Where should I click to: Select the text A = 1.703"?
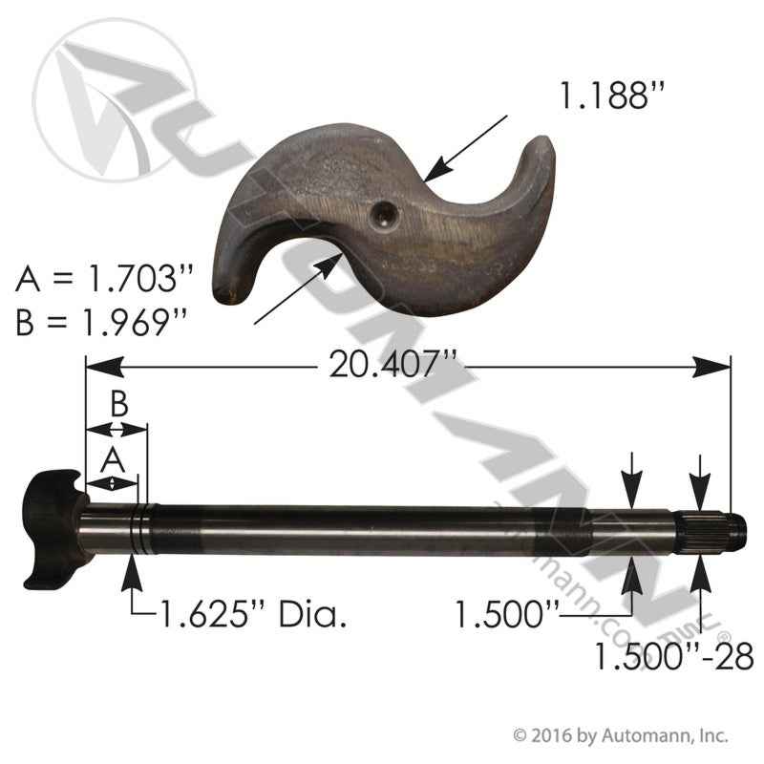(x=105, y=281)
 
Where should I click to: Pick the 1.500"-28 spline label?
(x=674, y=657)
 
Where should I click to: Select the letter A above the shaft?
(x=113, y=459)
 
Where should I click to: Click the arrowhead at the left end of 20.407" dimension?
(x=99, y=366)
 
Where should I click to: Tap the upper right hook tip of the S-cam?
(x=541, y=147)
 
